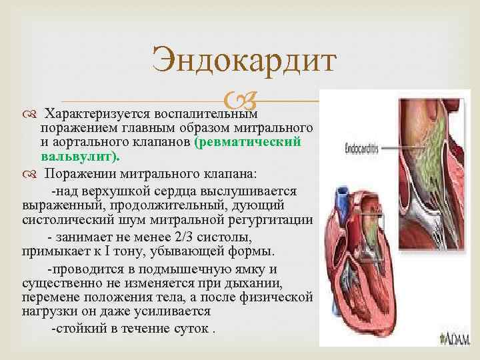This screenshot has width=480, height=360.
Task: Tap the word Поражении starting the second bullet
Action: (x=80, y=175)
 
